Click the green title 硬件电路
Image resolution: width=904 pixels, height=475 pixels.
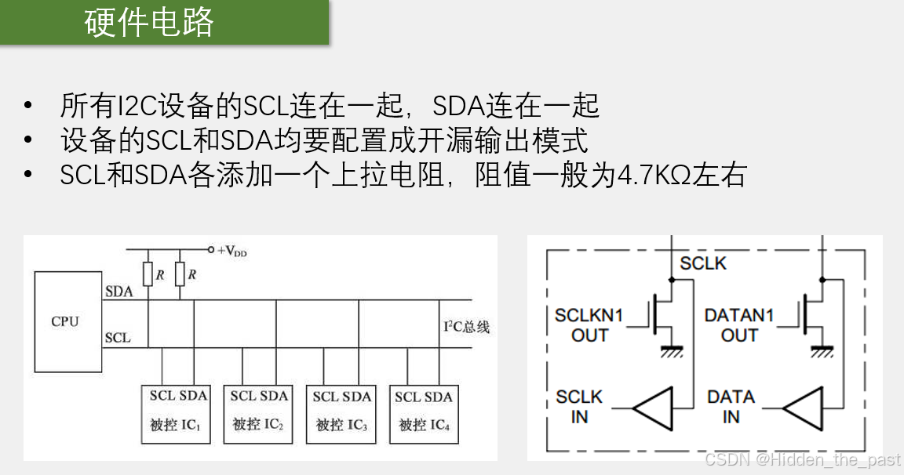[x=149, y=23]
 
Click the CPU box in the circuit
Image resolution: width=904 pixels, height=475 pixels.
[x=67, y=321]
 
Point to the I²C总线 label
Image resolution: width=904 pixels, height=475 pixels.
[x=466, y=327]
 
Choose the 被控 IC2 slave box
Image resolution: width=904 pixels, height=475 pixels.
[x=258, y=412]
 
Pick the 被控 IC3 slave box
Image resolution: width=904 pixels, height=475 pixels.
[x=341, y=412]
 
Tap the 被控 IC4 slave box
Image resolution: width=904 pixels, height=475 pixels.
[x=424, y=412]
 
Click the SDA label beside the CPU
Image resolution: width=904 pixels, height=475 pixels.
[x=118, y=292]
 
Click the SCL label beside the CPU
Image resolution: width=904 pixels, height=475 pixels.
[x=118, y=339]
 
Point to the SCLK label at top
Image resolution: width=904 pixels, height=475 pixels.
[x=703, y=263]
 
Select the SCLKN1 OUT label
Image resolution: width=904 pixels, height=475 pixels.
[x=589, y=325]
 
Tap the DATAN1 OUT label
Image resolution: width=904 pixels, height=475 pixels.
[x=739, y=325]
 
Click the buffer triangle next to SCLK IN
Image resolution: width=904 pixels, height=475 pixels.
[x=654, y=408]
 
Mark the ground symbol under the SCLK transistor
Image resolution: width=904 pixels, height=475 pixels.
[x=672, y=350]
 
